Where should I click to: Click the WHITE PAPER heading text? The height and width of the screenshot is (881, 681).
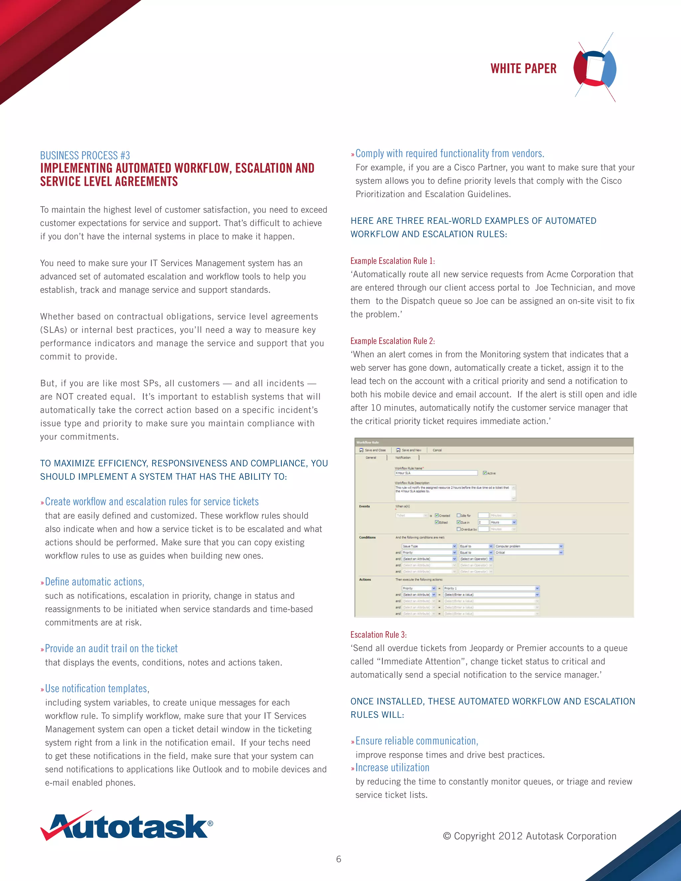coord(523,68)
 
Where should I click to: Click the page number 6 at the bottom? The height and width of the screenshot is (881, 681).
coord(339,859)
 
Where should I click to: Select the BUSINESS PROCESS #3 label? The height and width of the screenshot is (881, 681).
coord(85,155)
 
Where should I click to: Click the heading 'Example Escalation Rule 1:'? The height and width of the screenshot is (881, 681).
coord(392,261)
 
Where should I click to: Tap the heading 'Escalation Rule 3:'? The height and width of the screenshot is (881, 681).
coord(378,635)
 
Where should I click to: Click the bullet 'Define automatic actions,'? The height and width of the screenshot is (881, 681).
coord(94,582)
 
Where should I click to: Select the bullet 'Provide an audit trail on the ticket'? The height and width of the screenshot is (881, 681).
coord(111,648)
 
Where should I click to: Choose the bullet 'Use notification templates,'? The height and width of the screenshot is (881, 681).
coord(97,688)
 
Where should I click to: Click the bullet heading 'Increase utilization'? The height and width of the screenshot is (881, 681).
coord(392,767)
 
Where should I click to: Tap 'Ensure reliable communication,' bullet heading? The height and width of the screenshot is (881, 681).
coord(416,741)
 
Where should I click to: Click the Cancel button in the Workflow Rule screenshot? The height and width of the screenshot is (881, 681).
coord(437,450)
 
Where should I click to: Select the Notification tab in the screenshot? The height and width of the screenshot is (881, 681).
coord(403,457)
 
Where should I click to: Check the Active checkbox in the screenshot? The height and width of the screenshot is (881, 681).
coord(485,473)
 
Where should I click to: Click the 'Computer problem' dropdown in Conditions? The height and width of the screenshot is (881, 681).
coord(528,546)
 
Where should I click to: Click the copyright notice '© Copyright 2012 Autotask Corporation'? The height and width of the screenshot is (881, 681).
coord(529,836)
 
